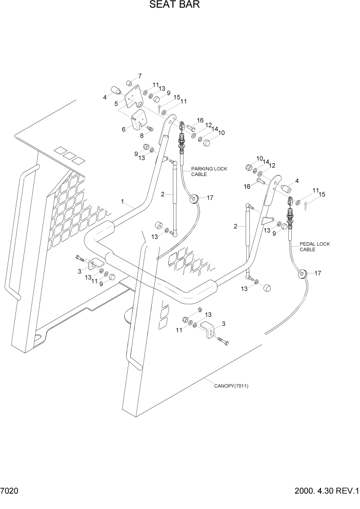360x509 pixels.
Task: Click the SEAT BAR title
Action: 174,6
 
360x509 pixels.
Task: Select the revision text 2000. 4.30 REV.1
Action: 326,491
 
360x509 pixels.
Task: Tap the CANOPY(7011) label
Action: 231,386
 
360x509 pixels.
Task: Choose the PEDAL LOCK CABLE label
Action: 314,247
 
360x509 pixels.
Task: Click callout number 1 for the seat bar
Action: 123,202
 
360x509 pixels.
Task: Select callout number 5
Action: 116,104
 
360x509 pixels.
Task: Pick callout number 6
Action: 124,129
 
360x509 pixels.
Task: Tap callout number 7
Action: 139,76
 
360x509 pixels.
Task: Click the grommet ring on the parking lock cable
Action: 194,199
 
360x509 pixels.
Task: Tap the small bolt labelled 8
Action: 150,128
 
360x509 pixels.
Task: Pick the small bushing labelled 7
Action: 130,84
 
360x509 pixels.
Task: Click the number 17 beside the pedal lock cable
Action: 317,273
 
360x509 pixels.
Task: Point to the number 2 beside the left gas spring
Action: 163,194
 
